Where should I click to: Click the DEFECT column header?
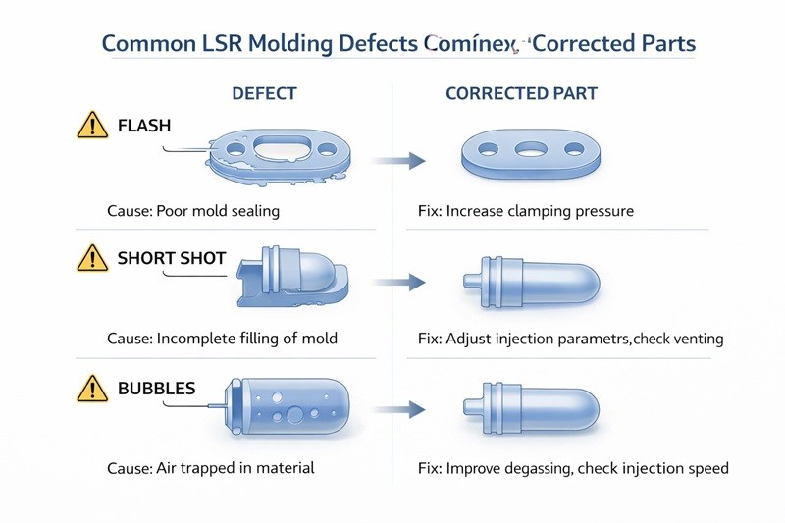point(264,94)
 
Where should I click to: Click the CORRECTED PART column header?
point(521,94)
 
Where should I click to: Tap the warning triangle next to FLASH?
point(91,127)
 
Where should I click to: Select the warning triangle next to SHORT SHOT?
point(91,259)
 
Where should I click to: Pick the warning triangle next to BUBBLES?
point(91,390)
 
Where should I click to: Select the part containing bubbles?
point(287,405)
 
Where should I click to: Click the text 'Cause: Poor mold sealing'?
point(194,211)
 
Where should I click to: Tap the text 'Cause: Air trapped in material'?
point(211,468)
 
